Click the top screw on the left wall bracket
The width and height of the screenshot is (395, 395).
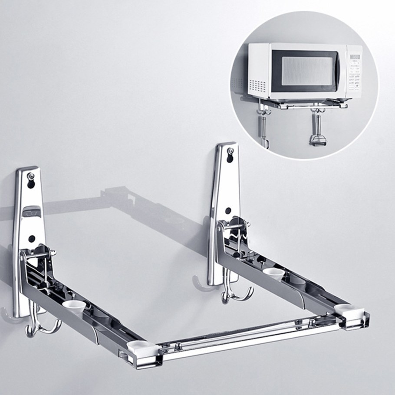(x=31, y=176)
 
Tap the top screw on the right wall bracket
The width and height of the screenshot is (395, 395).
(x=230, y=151)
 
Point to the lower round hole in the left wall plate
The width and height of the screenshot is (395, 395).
(x=32, y=238)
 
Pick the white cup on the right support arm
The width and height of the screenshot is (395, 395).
(x=273, y=273)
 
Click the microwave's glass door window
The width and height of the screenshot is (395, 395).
(x=307, y=71)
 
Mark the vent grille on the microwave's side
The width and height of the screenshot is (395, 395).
(x=257, y=85)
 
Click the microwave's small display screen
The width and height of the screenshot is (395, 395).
(x=355, y=57)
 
